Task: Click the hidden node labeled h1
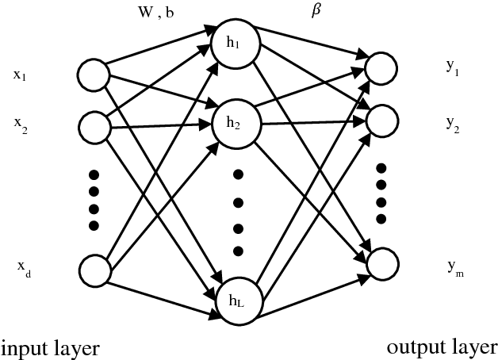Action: click(x=232, y=44)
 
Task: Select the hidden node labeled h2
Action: click(x=232, y=123)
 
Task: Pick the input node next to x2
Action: click(x=94, y=126)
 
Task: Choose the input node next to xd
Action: click(x=94, y=270)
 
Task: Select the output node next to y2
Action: click(x=381, y=120)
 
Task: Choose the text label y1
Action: click(x=451, y=71)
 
